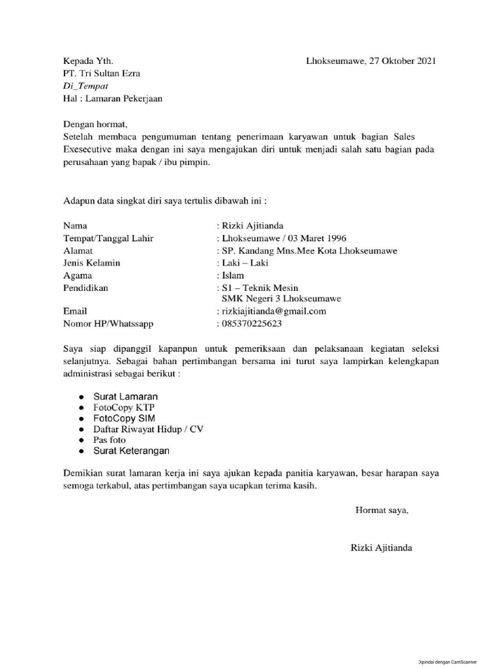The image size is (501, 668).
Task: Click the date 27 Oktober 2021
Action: [402, 61]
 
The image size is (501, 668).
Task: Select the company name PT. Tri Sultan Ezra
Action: [101, 74]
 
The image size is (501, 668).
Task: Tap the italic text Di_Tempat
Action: [85, 86]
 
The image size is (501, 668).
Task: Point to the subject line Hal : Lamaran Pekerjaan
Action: [112, 99]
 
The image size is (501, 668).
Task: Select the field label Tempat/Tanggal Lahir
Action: [108, 238]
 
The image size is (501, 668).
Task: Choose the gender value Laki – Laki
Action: [245, 263]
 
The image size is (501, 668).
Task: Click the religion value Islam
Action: [234, 275]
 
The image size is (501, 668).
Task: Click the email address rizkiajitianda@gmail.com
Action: [273, 311]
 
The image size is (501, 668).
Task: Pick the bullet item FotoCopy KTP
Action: [127, 407]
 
